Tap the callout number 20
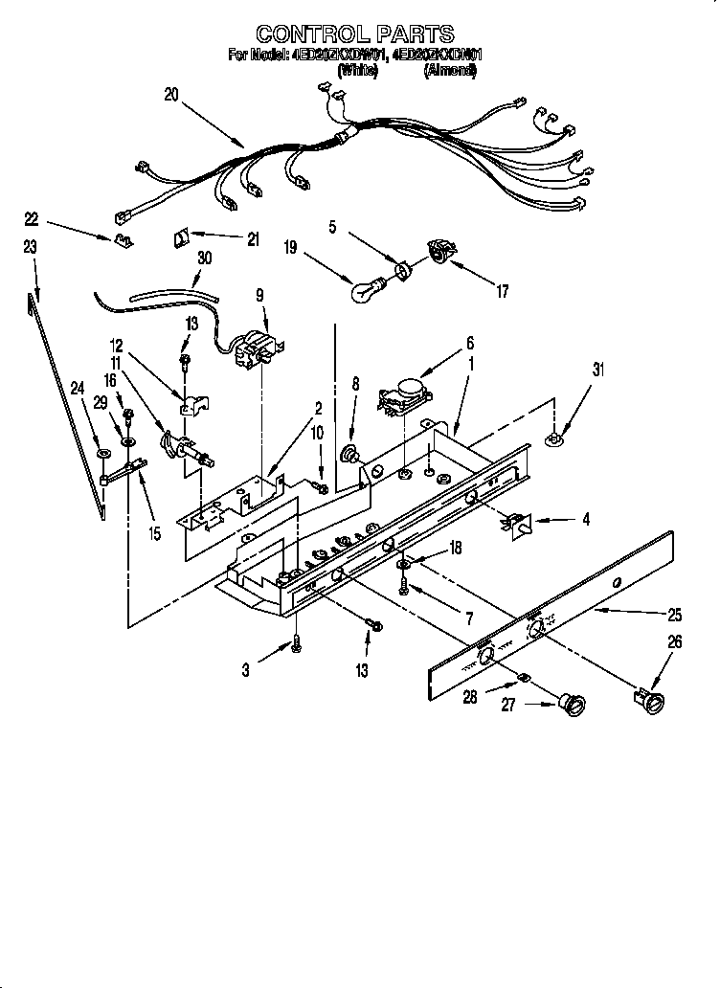pyautogui.click(x=170, y=94)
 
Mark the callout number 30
pyautogui.click(x=203, y=258)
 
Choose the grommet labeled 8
pyautogui.click(x=351, y=454)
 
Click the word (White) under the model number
pyautogui.click(x=358, y=69)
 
